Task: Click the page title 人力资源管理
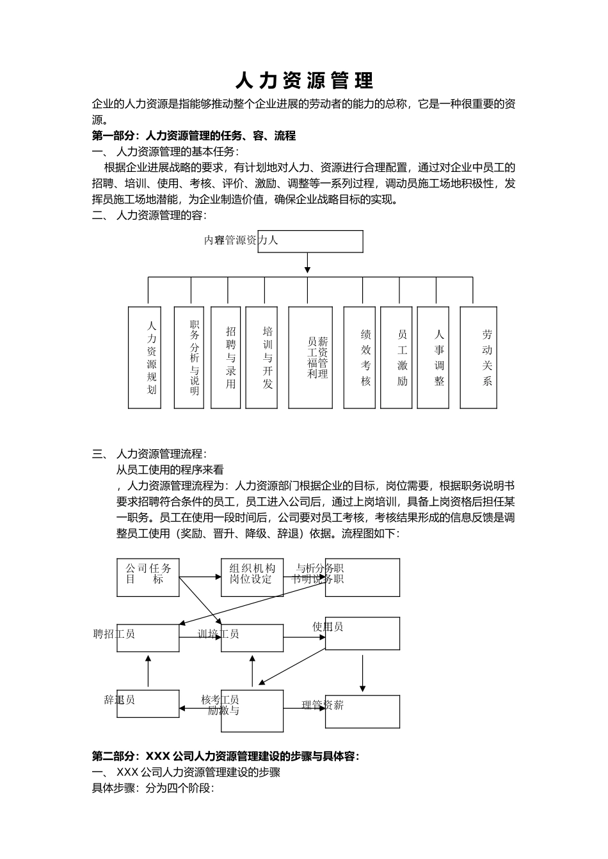pos(304,81)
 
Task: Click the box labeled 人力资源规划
pos(145,357)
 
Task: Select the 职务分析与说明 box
pos(189,357)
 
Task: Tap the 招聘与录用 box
pos(226,357)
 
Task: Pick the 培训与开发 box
pos(262,357)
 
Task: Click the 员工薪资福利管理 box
pos(310,357)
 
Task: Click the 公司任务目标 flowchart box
pos(148,578)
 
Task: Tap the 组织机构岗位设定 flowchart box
pos(252,578)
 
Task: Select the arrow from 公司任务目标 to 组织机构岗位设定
pos(200,578)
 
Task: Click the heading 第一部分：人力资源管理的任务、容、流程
pos(194,136)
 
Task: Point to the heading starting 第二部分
pos(226,757)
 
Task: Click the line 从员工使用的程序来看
pos(170,470)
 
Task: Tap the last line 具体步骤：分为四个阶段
pos(153,788)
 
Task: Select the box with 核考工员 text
pos(252,710)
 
